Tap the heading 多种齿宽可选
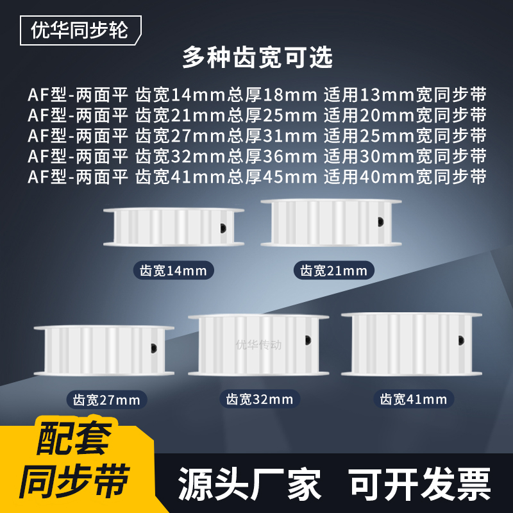[x=257, y=58]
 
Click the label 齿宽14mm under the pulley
[x=173, y=270]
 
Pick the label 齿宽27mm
[x=106, y=401]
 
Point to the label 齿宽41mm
[x=414, y=399]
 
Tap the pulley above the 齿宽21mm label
[x=331, y=223]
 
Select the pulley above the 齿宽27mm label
[x=103, y=350]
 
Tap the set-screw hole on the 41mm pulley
[x=460, y=341]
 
